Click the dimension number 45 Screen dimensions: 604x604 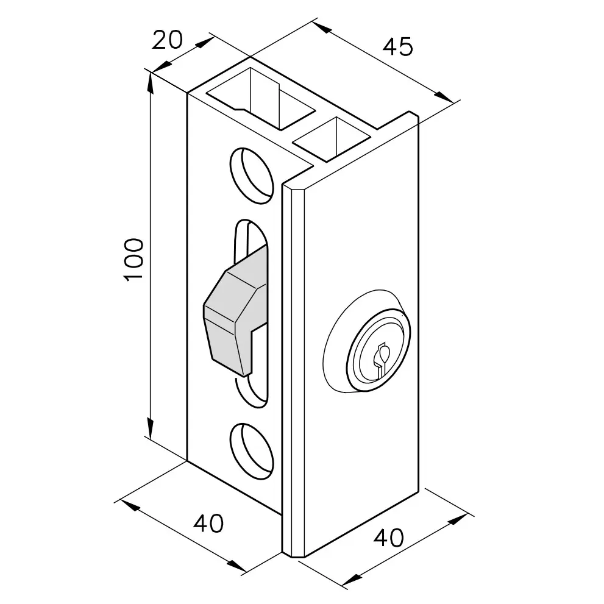[x=397, y=47]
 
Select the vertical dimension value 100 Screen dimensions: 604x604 [x=133, y=260]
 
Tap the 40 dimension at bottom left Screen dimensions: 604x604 [x=208, y=523]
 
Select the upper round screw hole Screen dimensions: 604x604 [x=252, y=175]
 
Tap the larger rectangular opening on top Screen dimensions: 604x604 [x=261, y=99]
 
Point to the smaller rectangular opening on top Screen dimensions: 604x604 [x=332, y=139]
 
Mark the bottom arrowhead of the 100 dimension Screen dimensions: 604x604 [x=151, y=428]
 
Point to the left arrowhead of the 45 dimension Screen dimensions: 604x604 [x=322, y=27]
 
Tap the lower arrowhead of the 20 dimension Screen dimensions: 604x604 [x=163, y=66]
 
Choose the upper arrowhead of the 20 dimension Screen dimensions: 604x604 [x=205, y=42]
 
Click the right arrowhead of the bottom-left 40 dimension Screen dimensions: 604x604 [x=236, y=566]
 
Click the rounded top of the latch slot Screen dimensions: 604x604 [x=251, y=227]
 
